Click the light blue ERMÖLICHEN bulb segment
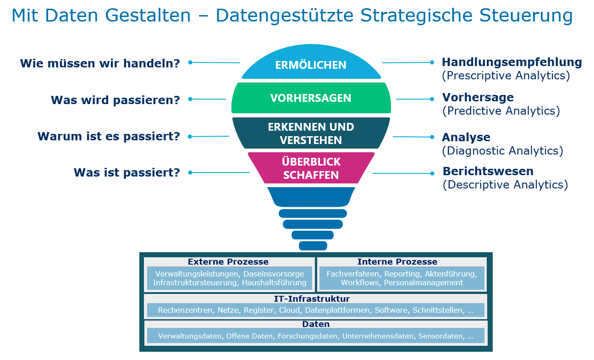[x=311, y=65]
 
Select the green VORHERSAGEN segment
[x=311, y=98]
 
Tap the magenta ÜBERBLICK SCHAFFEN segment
[x=311, y=168]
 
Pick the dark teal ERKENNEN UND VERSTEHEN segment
[x=311, y=133]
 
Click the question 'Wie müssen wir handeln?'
[x=100, y=63]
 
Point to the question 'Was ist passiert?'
[x=126, y=173]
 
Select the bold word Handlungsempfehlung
[x=511, y=62]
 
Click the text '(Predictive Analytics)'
[x=501, y=111]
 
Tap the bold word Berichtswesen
[x=488, y=172]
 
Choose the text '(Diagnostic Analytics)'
[x=502, y=151]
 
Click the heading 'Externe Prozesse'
[x=228, y=262]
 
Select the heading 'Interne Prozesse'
[x=397, y=262]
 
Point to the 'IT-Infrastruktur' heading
[x=312, y=299]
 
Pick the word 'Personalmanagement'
[x=423, y=283]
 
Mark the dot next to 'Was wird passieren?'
[x=190, y=99]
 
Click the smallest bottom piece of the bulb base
[x=313, y=246]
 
